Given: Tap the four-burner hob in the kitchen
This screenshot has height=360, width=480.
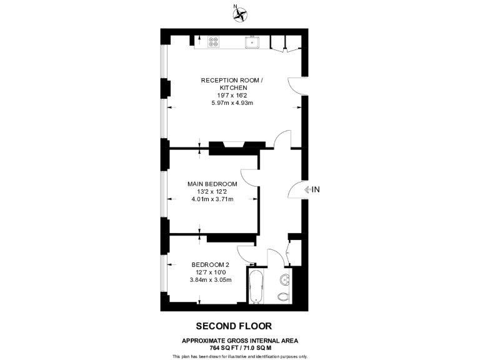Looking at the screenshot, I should tap(214, 42).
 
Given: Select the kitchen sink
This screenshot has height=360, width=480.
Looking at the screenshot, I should tap(252, 42).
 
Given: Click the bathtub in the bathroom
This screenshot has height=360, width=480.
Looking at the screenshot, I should tap(257, 286).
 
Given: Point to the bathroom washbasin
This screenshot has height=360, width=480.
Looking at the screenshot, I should tap(286, 279).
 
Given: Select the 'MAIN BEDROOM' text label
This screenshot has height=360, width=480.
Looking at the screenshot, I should tap(212, 184).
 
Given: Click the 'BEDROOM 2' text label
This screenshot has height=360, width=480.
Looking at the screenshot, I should tap(214, 264).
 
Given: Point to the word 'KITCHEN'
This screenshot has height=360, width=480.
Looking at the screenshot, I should tap(227, 88).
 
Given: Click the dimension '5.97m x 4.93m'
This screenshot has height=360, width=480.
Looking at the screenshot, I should tap(227, 103).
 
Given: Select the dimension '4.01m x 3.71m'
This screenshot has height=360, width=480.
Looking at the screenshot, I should tap(212, 199).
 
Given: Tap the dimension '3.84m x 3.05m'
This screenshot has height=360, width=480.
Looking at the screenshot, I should tap(214, 279).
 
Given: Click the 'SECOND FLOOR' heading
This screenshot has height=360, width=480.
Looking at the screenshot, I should tap(234, 326).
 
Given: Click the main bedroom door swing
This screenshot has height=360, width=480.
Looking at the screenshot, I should tap(249, 177).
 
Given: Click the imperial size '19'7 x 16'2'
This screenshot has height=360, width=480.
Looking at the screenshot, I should tap(227, 96).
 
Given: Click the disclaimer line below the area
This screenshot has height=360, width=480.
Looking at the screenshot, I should tap(239, 356).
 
